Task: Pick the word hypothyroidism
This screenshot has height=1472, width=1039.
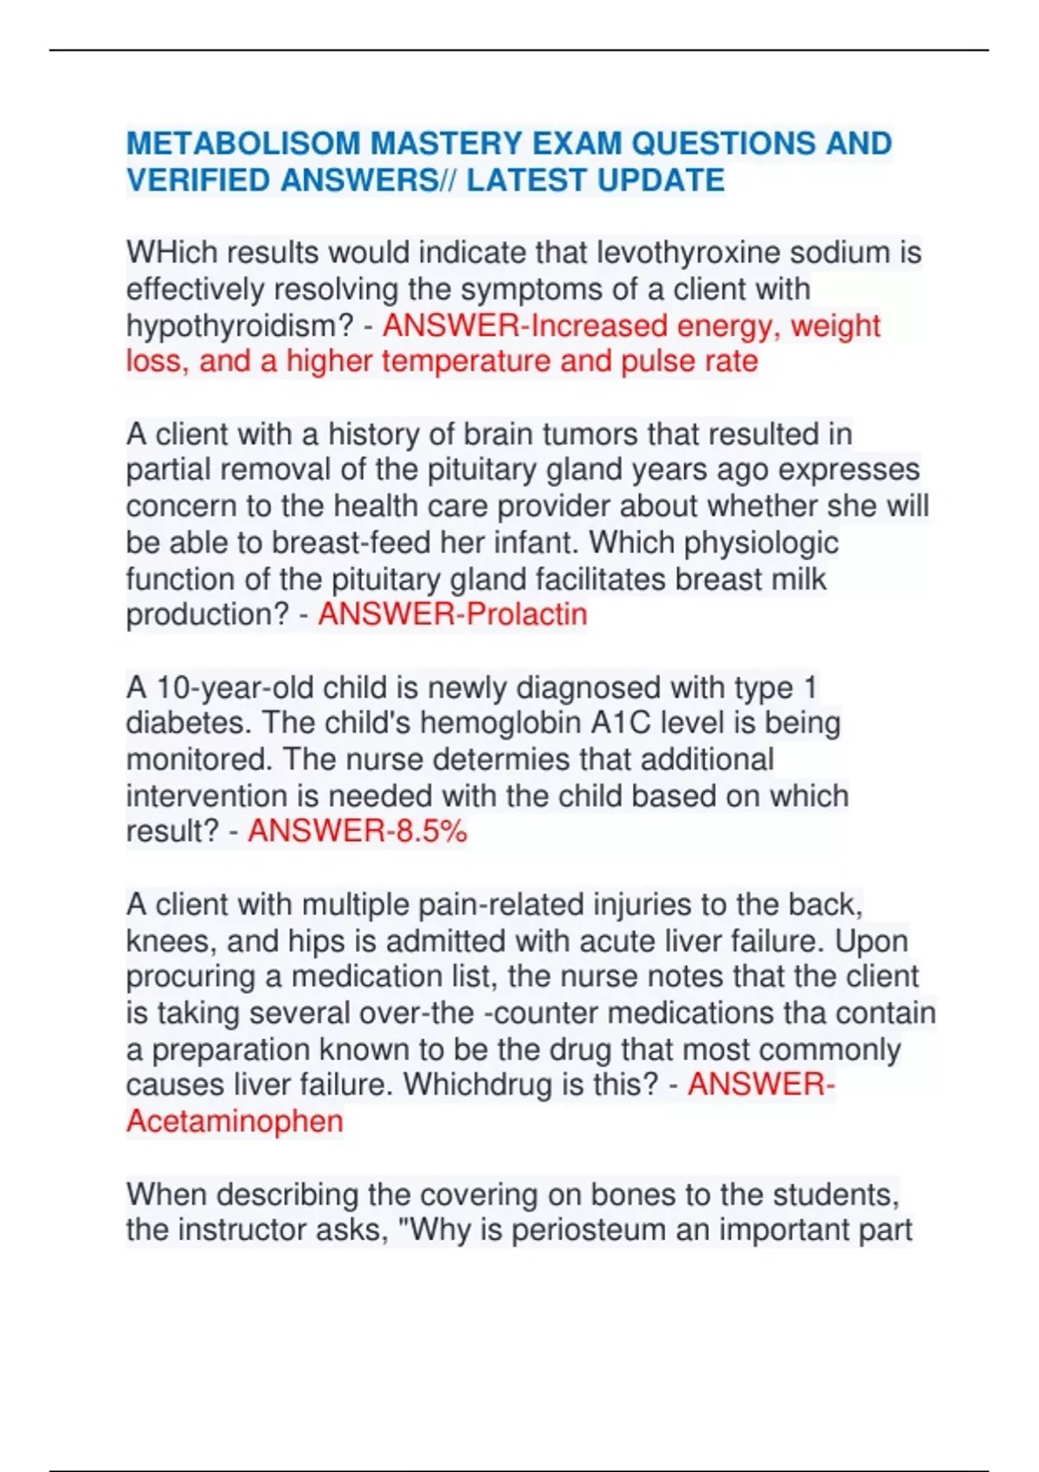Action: pos(240,326)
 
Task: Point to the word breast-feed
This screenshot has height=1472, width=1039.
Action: pos(352,543)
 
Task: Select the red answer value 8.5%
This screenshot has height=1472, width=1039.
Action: pos(431,831)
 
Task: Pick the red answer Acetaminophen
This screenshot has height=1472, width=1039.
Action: pos(235,1121)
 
